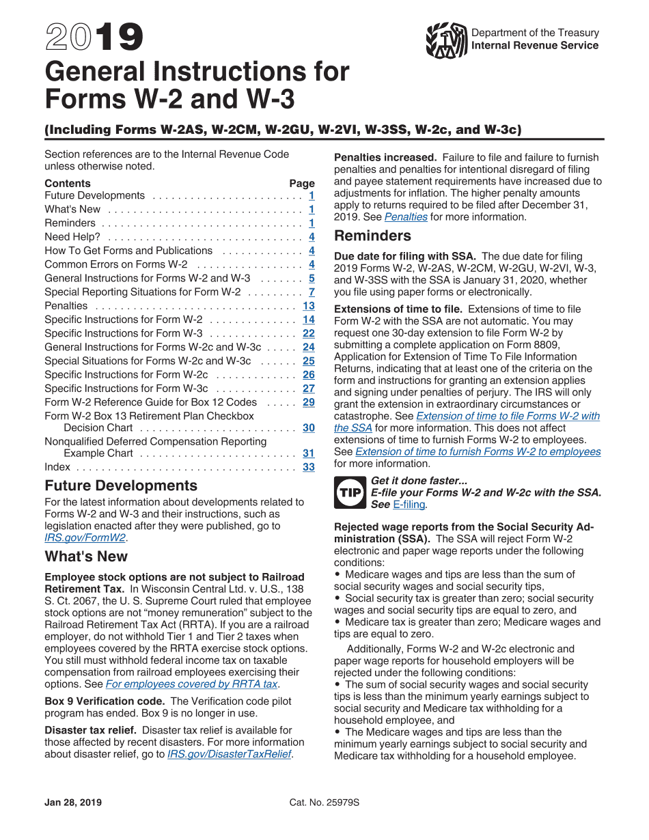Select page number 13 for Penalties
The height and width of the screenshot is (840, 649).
pyautogui.click(x=309, y=306)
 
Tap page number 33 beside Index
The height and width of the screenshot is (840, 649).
pyautogui.click(x=309, y=467)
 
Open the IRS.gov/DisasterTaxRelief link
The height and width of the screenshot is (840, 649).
pyautogui.click(x=229, y=755)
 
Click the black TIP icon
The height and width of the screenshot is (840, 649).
pyautogui.click(x=350, y=492)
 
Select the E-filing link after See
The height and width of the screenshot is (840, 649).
pyautogui.click(x=409, y=505)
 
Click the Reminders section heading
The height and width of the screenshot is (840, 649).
pyautogui.click(x=372, y=236)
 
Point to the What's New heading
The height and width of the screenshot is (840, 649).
pyautogui.click(x=86, y=557)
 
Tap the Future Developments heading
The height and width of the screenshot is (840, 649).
pyautogui.click(x=121, y=486)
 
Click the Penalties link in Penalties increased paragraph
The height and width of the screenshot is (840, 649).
pyautogui.click(x=406, y=217)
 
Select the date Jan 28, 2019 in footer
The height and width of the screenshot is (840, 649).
pyautogui.click(x=73, y=802)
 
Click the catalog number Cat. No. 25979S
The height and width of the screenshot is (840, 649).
pyautogui.click(x=324, y=802)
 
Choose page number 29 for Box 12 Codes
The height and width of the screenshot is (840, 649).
pyautogui.click(x=309, y=402)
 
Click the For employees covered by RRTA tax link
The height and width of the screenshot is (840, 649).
pyautogui.click(x=192, y=684)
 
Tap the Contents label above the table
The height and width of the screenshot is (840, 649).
pyautogui.click(x=67, y=183)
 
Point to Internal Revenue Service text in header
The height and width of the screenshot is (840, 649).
pyautogui.click(x=534, y=46)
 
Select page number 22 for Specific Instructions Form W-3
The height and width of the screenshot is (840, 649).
pyautogui.click(x=309, y=333)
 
